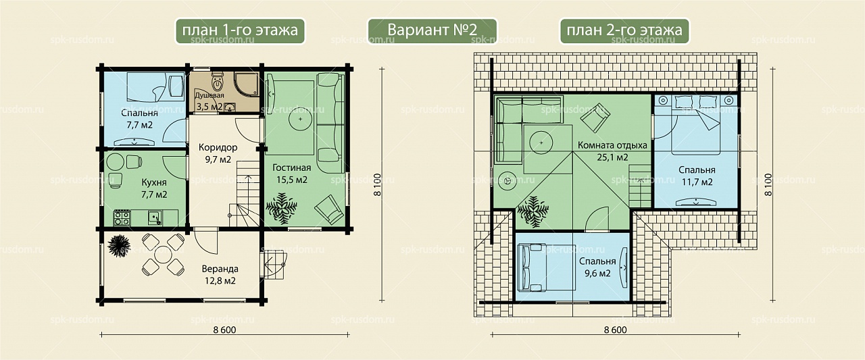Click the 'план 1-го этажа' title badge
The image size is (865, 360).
pos(240,31)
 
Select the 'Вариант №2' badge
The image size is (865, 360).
pos(432,31)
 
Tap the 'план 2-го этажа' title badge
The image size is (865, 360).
pos(624,31)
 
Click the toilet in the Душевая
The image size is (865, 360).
pos(218,81)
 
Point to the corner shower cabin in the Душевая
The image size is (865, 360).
pos(247,84)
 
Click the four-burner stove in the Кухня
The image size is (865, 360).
pos(122,217)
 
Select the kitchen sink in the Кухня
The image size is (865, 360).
pos(155,217)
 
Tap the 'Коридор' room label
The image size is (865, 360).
pos(218,147)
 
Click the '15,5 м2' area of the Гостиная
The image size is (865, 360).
pos(291,180)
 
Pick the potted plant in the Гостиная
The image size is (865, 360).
pos(282,208)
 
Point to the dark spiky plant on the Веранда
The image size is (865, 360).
pos(118,245)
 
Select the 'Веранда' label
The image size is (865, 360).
pos(220,269)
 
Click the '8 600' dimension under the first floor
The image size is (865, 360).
pos(224,330)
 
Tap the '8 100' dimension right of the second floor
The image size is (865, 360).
pos(768,184)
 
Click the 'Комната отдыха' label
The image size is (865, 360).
pos(612,145)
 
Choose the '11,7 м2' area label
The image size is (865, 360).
pos(697,182)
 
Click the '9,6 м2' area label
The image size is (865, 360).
pos(597,274)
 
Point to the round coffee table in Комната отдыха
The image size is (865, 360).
pos(541,143)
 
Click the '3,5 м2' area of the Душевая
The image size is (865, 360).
pos(209,107)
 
